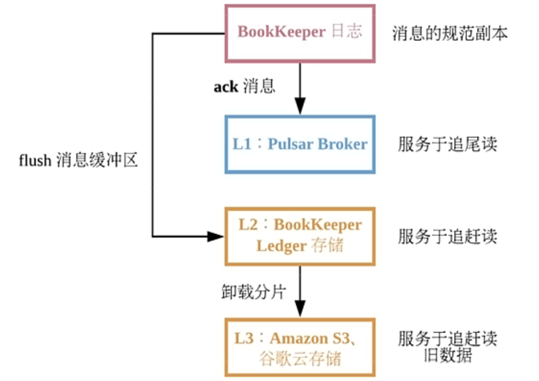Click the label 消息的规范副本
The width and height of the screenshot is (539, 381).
[450, 33]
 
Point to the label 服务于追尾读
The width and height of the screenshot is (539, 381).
[448, 144]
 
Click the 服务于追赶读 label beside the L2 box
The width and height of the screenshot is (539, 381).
[448, 236]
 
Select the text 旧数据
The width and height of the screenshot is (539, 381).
[448, 355]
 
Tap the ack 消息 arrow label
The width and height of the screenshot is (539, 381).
[244, 86]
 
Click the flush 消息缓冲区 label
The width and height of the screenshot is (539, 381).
[78, 160]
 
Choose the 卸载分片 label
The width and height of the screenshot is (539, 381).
[254, 292]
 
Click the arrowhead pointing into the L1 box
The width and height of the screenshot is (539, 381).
[300, 106]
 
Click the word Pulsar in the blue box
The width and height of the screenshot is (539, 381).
[291, 144]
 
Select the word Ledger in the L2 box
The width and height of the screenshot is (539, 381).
[282, 246]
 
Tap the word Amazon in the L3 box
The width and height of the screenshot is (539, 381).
[299, 338]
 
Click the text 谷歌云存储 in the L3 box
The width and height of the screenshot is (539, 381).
[300, 359]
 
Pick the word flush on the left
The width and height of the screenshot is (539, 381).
[35, 160]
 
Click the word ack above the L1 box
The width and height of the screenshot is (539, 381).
[226, 87]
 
